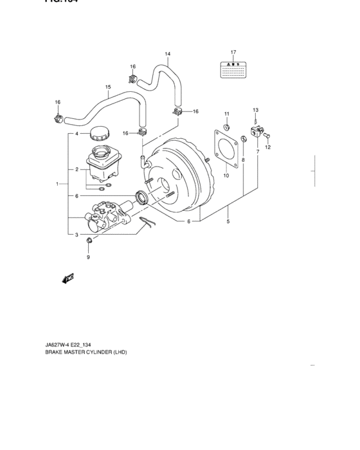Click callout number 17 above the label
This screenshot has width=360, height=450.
click(234, 51)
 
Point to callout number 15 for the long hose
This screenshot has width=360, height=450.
click(108, 87)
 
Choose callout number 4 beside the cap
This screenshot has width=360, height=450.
click(76, 134)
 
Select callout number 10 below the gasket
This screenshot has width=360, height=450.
click(226, 174)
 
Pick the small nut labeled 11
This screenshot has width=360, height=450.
click(226, 125)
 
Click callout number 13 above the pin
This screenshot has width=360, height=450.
click(255, 110)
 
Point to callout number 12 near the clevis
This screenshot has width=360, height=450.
click(269, 147)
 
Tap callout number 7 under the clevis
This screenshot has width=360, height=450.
click(258, 152)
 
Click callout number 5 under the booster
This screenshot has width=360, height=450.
click(228, 222)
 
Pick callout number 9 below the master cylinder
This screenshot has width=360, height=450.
click(89, 258)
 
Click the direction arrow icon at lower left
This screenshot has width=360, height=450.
click(67, 278)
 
